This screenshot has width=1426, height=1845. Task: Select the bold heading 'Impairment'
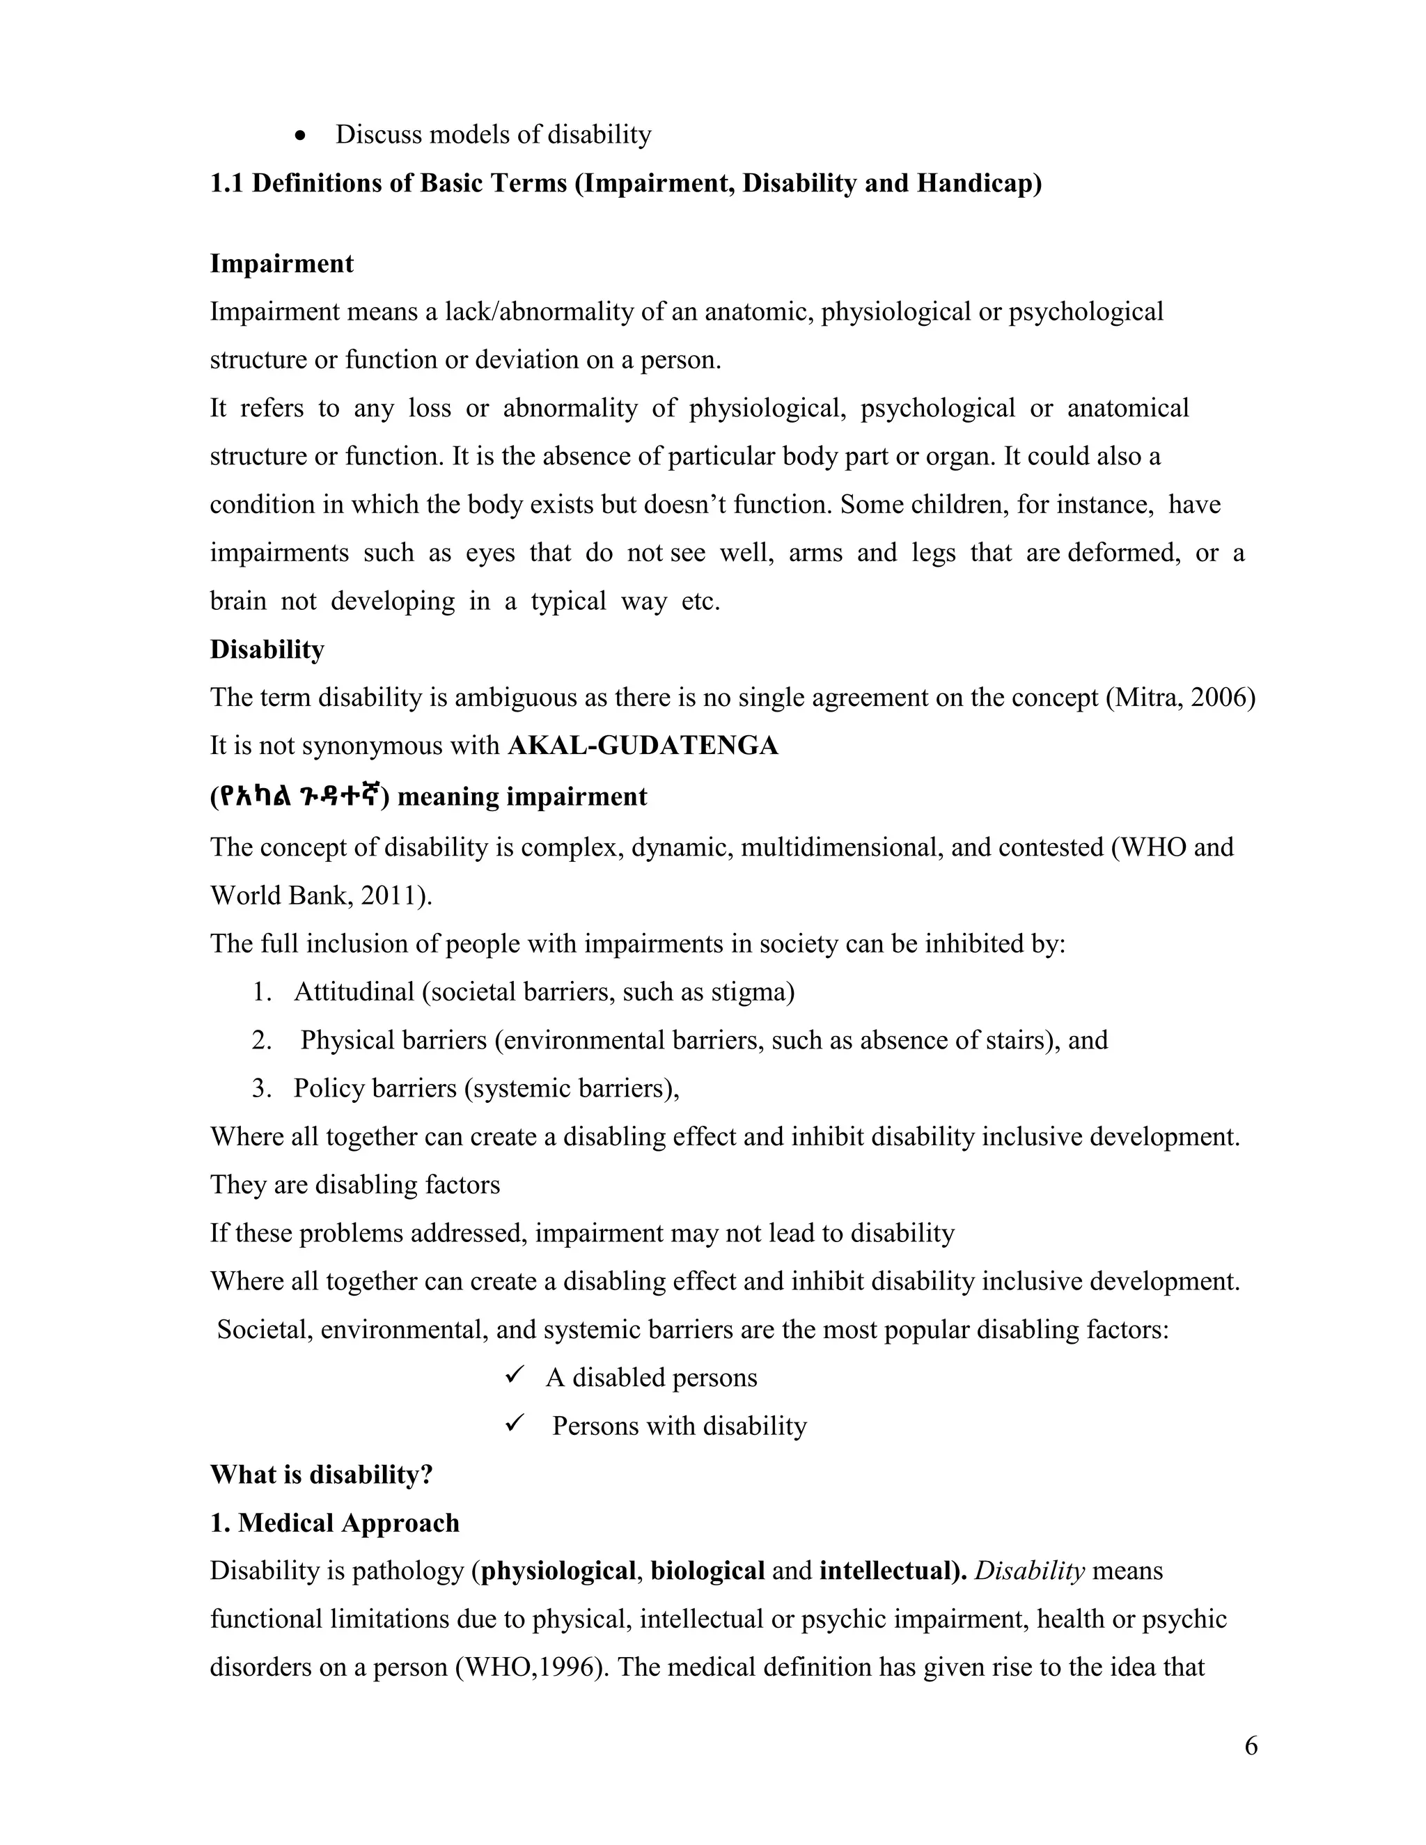point(281,264)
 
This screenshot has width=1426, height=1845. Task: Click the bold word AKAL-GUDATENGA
point(642,746)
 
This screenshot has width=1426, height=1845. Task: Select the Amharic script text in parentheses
point(300,796)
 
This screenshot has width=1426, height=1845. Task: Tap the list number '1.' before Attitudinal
point(262,991)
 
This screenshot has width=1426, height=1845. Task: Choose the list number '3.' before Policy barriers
point(262,1088)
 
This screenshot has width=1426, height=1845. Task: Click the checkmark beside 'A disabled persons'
point(515,1376)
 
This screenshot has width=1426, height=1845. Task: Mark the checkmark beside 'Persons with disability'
point(515,1424)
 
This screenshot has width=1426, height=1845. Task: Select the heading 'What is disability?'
point(321,1475)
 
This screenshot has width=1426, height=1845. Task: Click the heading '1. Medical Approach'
point(334,1523)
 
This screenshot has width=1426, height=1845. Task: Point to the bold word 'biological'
point(707,1571)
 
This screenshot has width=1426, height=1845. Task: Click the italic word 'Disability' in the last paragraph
point(1029,1571)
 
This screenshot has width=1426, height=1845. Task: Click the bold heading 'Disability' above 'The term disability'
point(267,650)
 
